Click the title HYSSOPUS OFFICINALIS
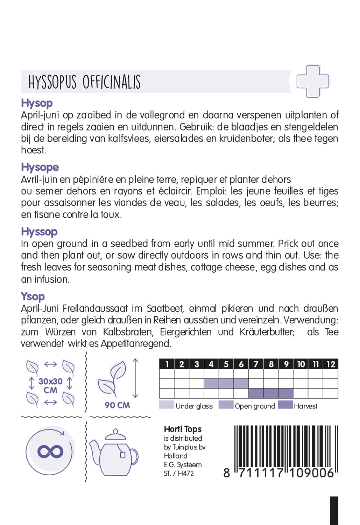click(x=84, y=82)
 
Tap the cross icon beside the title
click(x=313, y=81)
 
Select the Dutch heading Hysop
click(x=37, y=103)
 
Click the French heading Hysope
click(x=40, y=167)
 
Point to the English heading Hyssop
click(x=39, y=232)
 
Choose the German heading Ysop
click(x=33, y=296)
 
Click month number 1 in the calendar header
click(x=167, y=364)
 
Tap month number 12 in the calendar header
click(x=331, y=364)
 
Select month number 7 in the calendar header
click(x=256, y=364)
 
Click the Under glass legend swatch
click(x=167, y=405)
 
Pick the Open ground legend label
click(x=255, y=406)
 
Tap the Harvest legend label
click(x=305, y=406)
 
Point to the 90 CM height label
click(x=117, y=405)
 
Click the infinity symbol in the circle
click(x=50, y=451)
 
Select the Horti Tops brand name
click(x=183, y=429)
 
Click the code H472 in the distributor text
click(x=186, y=474)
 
